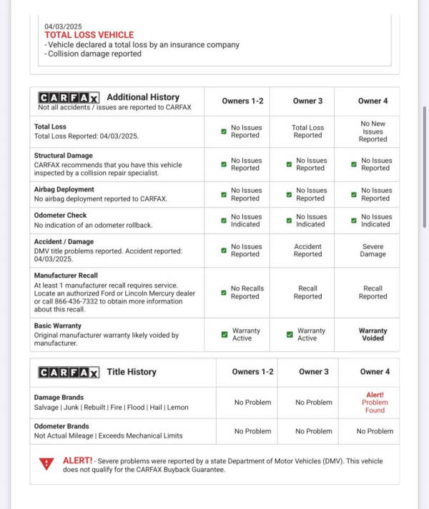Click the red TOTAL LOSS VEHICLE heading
click(89, 34)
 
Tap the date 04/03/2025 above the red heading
click(63, 26)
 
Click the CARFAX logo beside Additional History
click(69, 97)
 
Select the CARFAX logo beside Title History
click(69, 372)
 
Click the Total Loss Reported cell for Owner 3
click(307, 131)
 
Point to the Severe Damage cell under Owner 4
click(373, 251)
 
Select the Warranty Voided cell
click(373, 334)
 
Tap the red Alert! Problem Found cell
click(374, 402)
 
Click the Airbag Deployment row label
click(64, 189)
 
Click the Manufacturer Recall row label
click(66, 275)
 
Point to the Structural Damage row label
click(64, 155)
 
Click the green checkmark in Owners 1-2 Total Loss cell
click(224, 131)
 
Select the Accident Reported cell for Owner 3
click(307, 251)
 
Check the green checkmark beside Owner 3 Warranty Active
click(289, 334)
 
